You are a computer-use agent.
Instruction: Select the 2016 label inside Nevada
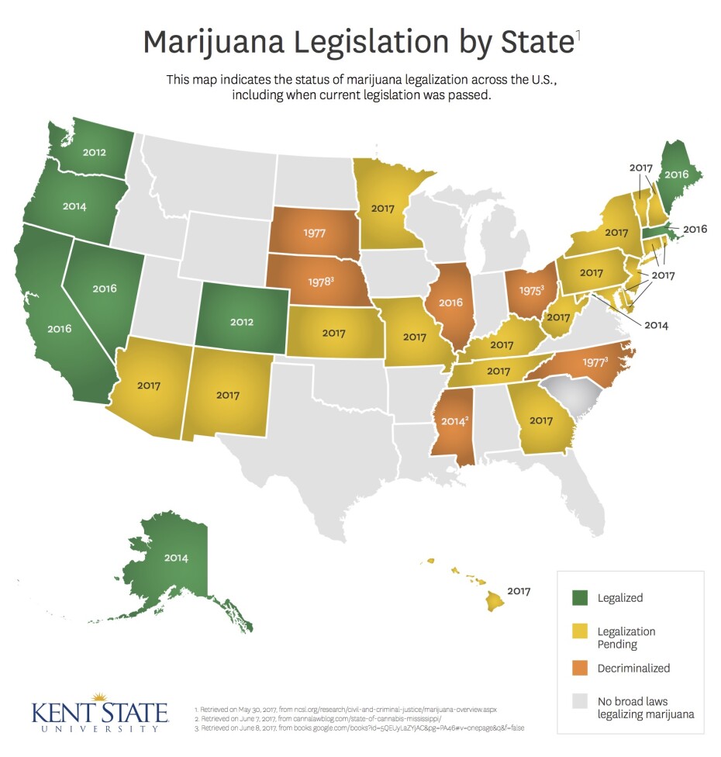105,289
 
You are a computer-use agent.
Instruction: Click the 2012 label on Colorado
241,320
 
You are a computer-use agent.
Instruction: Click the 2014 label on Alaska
175,557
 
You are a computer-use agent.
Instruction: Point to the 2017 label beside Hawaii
519,591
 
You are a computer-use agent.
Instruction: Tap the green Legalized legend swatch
580,598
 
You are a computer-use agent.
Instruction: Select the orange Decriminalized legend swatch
580,668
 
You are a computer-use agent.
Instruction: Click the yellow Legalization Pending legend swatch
580,632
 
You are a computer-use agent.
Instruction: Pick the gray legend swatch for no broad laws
580,701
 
